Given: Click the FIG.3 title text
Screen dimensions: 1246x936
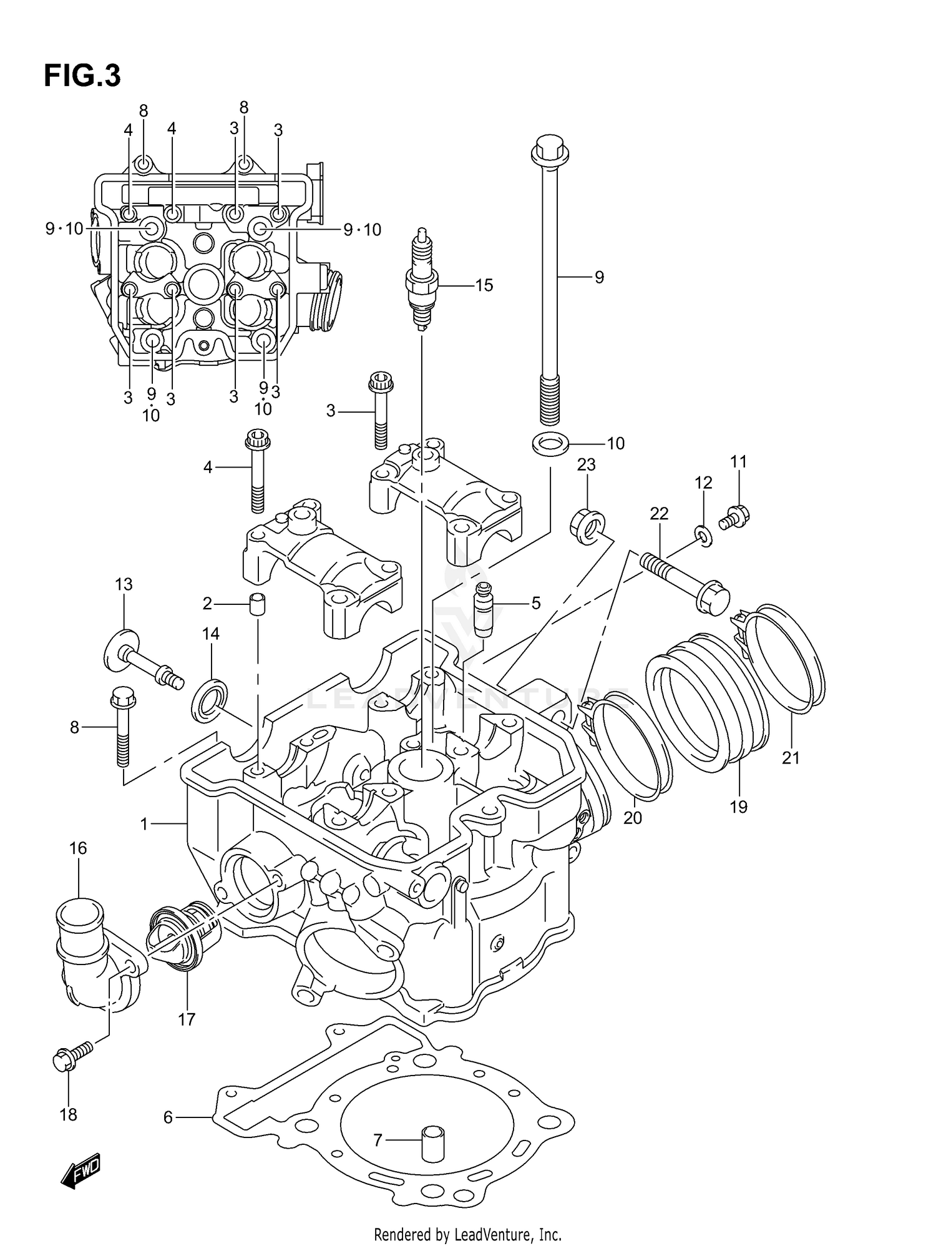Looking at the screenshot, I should (x=82, y=76).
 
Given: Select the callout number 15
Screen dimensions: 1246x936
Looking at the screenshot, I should (x=484, y=285).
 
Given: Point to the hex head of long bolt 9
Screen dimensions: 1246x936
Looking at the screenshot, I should (x=549, y=149).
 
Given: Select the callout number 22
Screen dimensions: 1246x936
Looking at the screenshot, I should (x=659, y=513).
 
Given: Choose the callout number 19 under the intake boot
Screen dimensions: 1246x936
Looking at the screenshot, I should (x=738, y=807).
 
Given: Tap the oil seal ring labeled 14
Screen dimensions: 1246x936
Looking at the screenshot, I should (x=208, y=699).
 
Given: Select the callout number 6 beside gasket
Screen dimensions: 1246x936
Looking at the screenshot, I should (x=168, y=1117).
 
